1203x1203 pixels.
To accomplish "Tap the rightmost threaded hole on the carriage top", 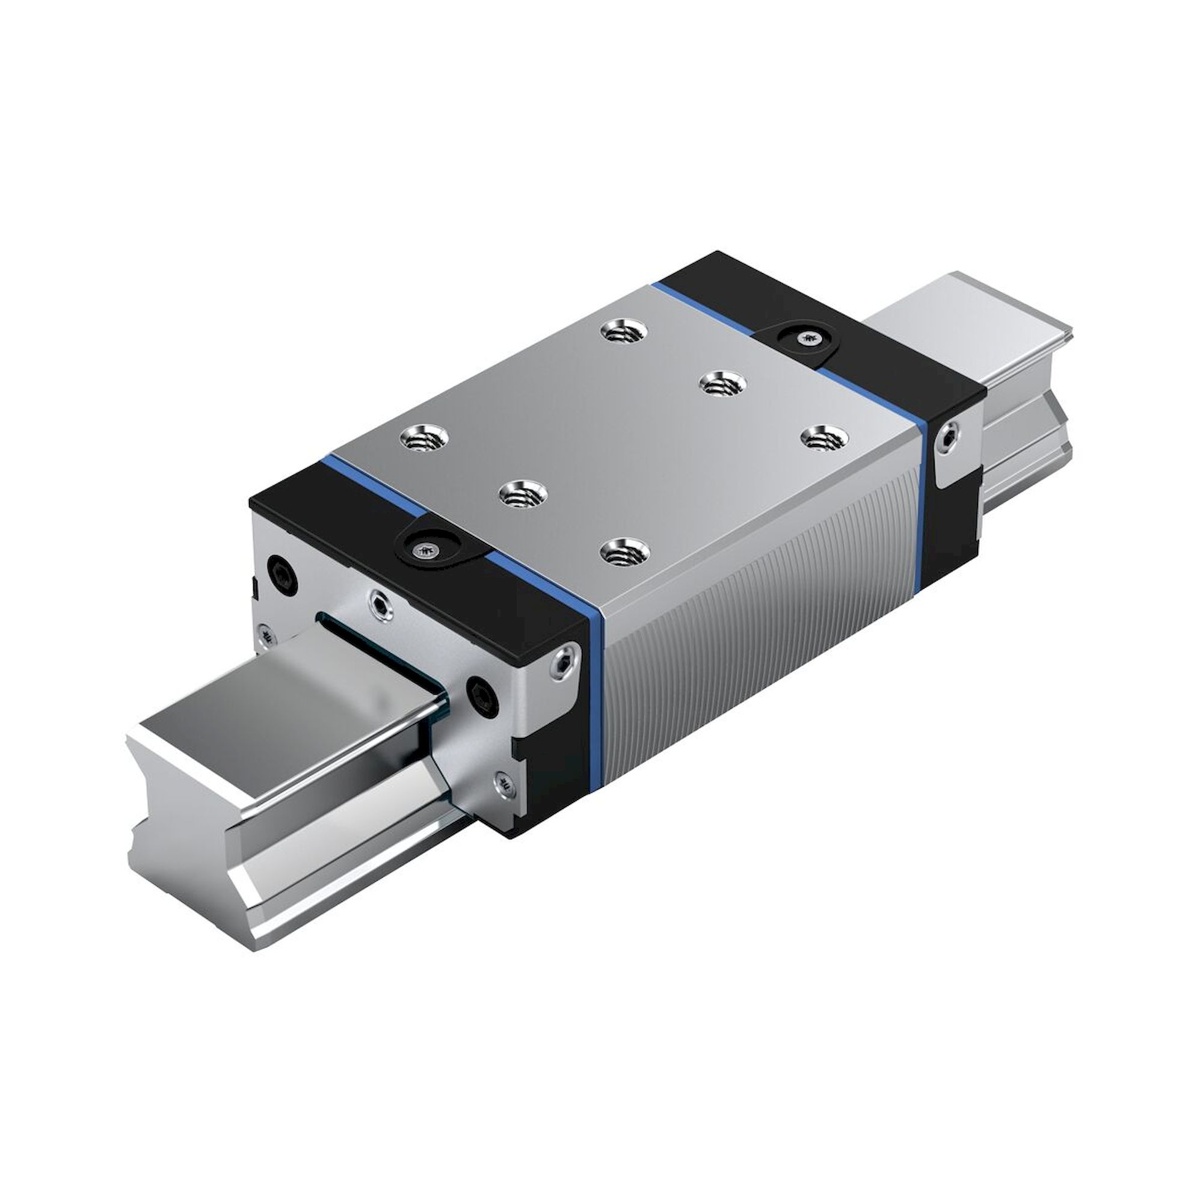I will [825, 437].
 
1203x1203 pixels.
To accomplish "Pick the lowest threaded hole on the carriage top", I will [625, 550].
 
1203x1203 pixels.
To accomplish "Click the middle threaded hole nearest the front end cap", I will [524, 494].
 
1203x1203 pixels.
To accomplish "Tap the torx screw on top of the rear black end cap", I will [808, 339].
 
